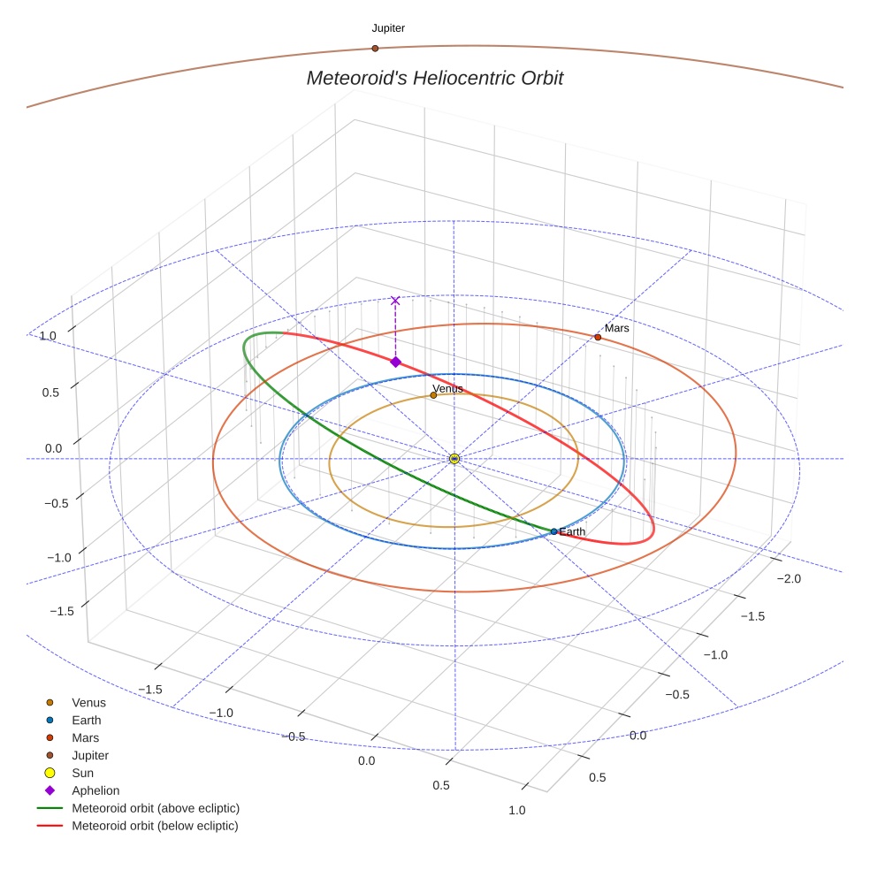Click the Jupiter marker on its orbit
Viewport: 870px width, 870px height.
(375, 48)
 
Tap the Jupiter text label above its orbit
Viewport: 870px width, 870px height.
(388, 28)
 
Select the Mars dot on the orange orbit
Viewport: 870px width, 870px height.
(598, 337)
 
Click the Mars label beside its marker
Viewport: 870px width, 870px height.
(617, 328)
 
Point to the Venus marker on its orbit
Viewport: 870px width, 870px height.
(433, 395)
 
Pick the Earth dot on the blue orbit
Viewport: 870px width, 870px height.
(554, 531)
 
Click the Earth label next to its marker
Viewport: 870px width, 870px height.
(573, 531)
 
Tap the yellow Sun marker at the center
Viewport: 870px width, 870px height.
(454, 458)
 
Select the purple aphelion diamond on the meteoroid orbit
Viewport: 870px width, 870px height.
(395, 362)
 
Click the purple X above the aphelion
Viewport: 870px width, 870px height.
(395, 301)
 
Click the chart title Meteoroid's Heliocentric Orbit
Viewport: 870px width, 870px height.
(435, 78)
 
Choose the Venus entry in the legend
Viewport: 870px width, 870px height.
(88, 703)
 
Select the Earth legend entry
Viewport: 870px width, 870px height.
(87, 721)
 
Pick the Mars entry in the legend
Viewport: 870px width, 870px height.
(86, 737)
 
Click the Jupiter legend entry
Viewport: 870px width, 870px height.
(90, 755)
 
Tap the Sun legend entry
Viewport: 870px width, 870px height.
(83, 773)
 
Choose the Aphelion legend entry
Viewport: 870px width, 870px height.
(95, 790)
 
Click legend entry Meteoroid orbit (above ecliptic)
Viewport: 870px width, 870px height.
(156, 808)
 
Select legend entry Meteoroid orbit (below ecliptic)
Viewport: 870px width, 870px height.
(156, 826)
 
